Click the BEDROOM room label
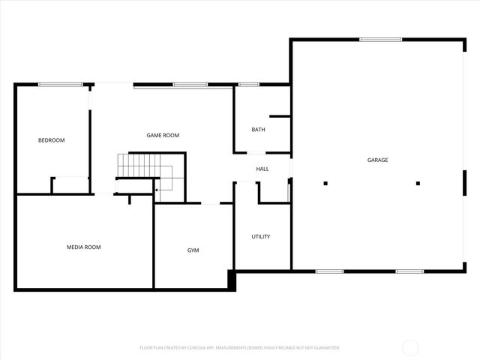tap(52, 140)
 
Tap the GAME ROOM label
tap(163, 135)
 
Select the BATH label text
tap(258, 130)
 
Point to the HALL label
tap(262, 169)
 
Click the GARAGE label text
tap(377, 160)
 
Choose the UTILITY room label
tap(261, 236)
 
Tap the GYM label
tap(193, 250)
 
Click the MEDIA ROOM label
tap(84, 247)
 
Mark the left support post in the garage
tap(326, 183)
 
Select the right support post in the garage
tap(418, 183)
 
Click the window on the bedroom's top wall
tap(61, 84)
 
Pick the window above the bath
tap(248, 84)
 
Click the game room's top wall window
tap(190, 84)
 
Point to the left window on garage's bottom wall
tap(329, 271)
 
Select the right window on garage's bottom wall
tap(409, 271)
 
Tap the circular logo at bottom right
tap(410, 347)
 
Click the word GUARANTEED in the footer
tap(325, 348)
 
